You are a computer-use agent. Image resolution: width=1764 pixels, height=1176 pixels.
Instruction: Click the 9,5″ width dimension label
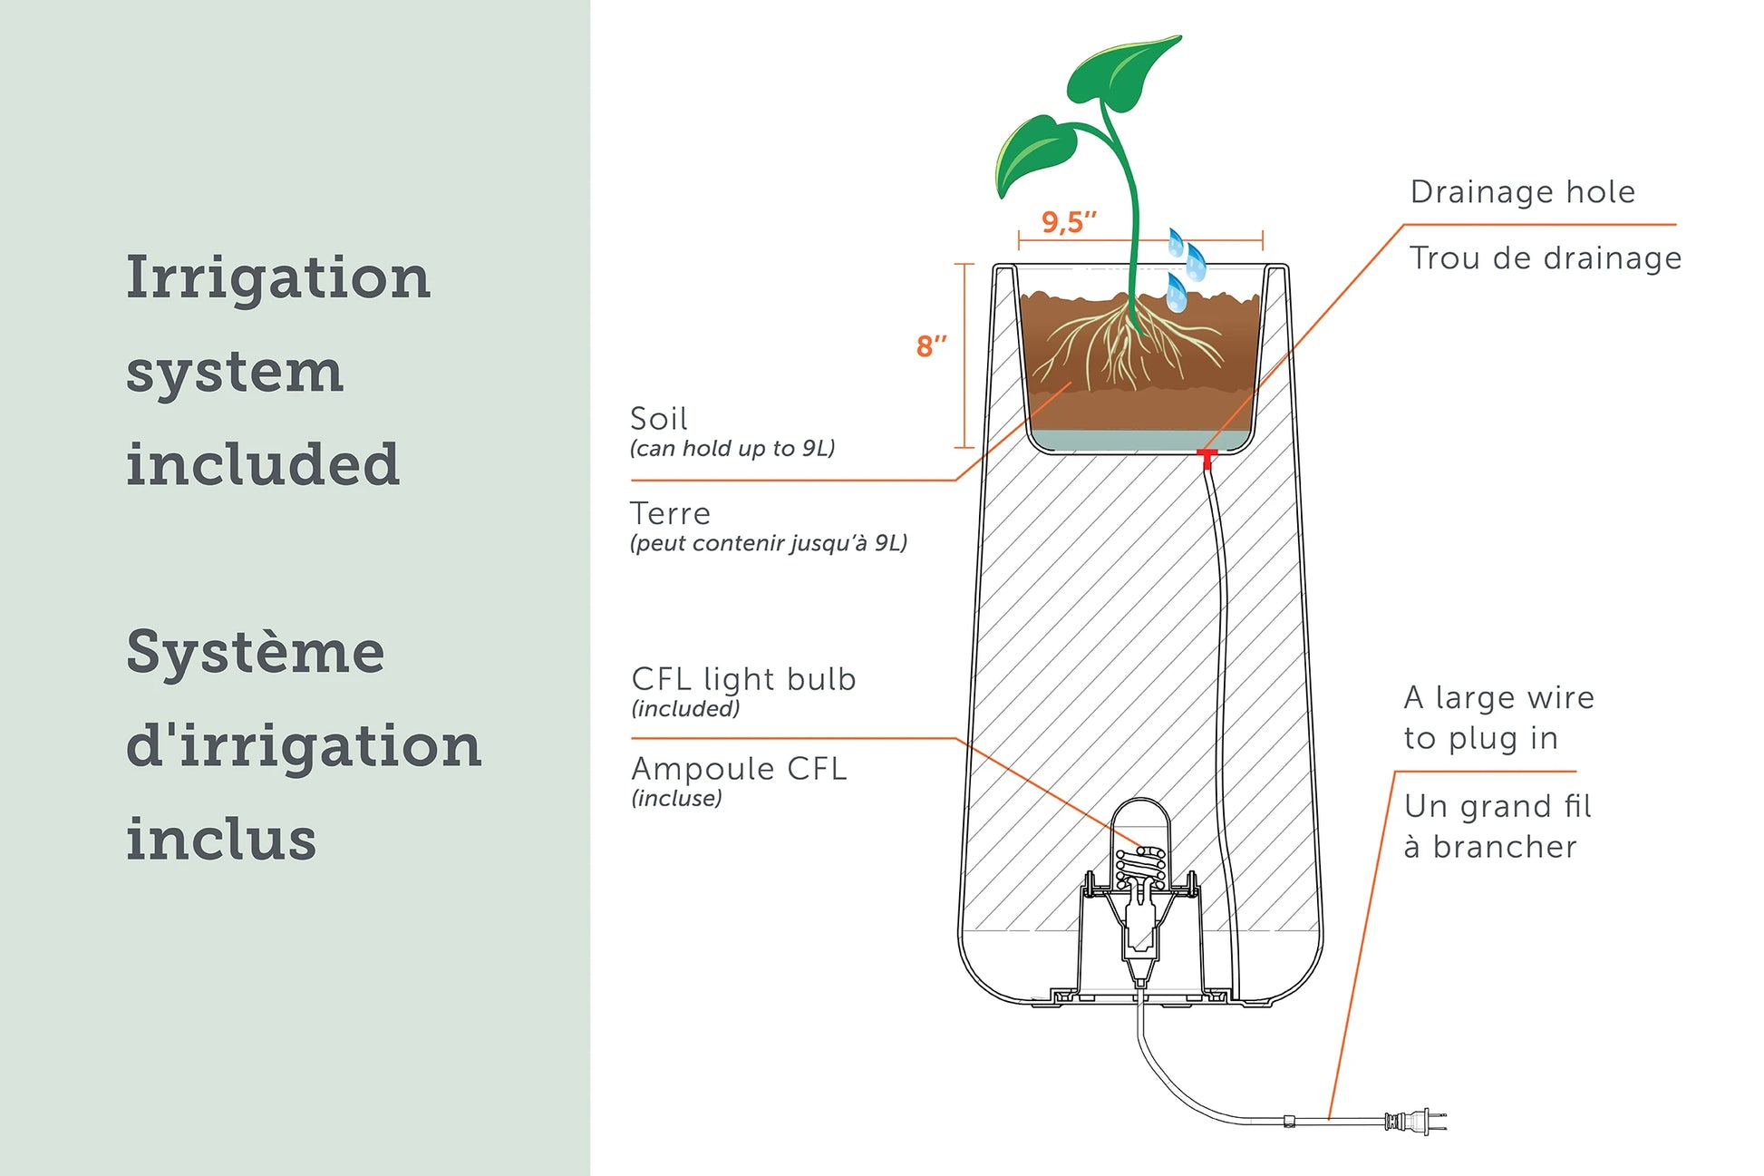pos(1069,222)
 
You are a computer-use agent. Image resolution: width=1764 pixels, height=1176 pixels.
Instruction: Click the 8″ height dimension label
pos(931,346)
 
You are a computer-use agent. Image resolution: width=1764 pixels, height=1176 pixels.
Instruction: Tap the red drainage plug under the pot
pos(1207,457)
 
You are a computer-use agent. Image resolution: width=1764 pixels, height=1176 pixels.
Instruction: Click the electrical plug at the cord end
pos(1414,1122)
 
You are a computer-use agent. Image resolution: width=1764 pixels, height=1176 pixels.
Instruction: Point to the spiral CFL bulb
pos(1140,867)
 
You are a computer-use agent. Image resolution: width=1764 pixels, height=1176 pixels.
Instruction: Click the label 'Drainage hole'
pos(1523,192)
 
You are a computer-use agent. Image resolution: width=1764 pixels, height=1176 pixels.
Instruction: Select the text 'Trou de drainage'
pos(1546,258)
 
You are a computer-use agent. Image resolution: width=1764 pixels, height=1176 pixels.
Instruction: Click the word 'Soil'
pos(659,419)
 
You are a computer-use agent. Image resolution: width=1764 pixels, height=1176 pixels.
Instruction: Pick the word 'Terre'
pos(670,514)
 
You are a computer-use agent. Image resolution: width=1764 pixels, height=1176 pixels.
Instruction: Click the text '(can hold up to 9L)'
pos(732,449)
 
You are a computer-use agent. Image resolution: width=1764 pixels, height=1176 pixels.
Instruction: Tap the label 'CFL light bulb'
pos(743,679)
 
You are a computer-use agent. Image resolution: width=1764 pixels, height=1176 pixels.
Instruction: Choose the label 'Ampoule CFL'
pos(739,769)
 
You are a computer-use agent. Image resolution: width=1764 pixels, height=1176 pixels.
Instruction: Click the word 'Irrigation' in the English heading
pos(277,277)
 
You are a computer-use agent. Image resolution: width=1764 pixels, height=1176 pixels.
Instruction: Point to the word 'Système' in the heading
pos(256,652)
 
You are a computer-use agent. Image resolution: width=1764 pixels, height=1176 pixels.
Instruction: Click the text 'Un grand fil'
pos(1497,806)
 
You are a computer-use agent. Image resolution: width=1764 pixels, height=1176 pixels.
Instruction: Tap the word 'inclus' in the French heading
pos(221,840)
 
